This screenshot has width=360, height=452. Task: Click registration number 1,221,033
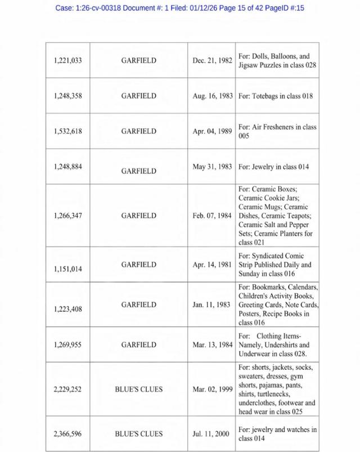tap(67, 60)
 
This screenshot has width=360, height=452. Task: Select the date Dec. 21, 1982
tap(212, 60)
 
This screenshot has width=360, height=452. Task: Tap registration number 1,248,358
tap(67, 96)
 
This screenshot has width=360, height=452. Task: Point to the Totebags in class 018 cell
tap(275, 96)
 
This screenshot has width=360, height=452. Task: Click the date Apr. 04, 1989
tap(212, 131)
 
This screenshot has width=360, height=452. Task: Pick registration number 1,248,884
tap(67, 167)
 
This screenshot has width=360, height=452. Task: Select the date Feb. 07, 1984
tap(212, 216)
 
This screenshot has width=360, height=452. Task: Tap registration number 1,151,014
tap(67, 269)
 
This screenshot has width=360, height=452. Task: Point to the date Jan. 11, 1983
tap(212, 305)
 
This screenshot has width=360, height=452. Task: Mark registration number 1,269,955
tap(67, 344)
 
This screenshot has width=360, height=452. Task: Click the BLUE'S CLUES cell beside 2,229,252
tap(139, 389)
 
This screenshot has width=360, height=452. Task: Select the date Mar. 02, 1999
tap(212, 389)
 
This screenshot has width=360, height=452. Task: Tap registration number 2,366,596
tap(67, 433)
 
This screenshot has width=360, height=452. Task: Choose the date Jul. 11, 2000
tap(212, 433)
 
